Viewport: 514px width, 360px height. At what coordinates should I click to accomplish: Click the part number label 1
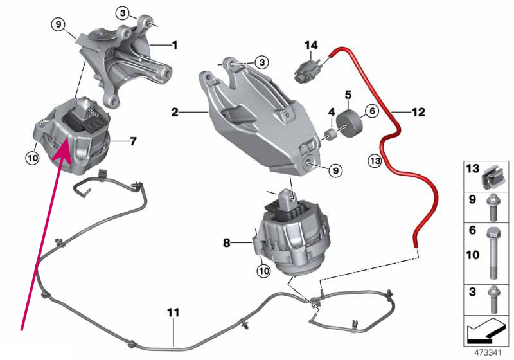[x=175, y=45]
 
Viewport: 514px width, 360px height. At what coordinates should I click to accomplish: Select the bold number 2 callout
[x=175, y=112]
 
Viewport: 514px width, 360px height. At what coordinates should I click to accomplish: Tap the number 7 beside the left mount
[x=133, y=141]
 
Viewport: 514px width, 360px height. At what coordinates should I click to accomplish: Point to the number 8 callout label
[x=227, y=243]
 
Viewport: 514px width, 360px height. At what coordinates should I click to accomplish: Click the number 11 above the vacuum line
[x=173, y=312]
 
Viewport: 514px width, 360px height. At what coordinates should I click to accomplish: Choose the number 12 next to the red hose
[x=418, y=112]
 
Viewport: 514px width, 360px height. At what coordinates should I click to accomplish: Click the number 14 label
[x=311, y=45]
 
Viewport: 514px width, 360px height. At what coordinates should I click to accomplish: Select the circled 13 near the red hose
[x=375, y=161]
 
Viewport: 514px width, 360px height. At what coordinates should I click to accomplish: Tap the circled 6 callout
[x=372, y=111]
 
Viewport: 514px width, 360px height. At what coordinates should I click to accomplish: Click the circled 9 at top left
[x=58, y=24]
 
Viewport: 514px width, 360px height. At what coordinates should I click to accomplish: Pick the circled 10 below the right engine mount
[x=264, y=271]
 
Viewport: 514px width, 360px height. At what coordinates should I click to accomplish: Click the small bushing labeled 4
[x=331, y=134]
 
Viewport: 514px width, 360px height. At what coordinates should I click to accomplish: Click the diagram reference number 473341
[x=488, y=353]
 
